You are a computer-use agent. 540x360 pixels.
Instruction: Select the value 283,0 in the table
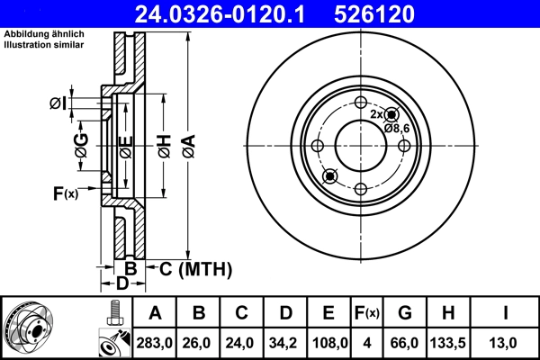point(155,342)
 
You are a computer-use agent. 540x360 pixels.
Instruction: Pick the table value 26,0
point(199,342)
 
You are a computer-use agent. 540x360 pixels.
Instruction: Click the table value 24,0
point(242,342)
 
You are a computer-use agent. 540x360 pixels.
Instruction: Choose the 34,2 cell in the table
point(285,342)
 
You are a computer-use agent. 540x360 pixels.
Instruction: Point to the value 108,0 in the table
point(329,342)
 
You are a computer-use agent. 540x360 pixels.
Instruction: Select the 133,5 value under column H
point(447,342)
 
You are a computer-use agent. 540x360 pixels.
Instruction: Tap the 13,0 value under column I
point(507,342)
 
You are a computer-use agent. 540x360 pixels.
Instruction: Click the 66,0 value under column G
point(404,342)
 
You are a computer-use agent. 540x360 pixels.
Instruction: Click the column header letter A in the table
point(155,313)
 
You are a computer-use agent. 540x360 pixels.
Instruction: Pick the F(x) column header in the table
point(367,313)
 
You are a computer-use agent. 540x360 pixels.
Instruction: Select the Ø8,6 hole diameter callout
point(397,129)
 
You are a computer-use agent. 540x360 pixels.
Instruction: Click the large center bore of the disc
point(360,145)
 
